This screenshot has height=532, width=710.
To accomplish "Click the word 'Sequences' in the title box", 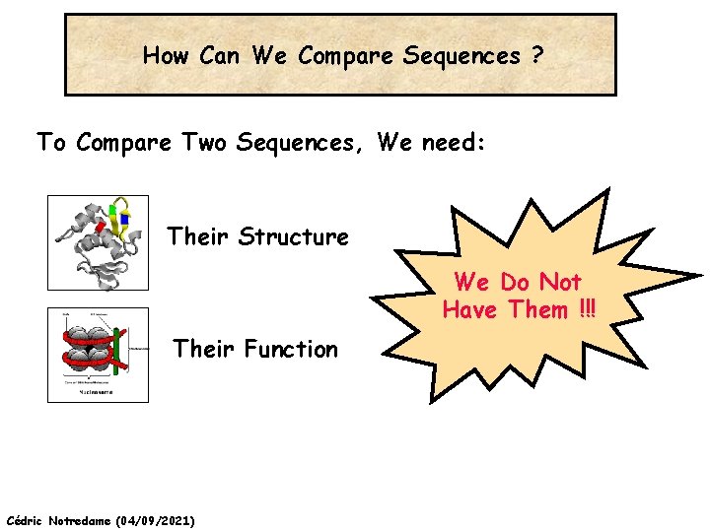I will click(461, 56).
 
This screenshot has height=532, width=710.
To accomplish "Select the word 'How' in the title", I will click(166, 56).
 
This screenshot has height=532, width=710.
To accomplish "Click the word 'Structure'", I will click(294, 236).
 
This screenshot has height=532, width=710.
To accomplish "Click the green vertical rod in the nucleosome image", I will click(116, 353).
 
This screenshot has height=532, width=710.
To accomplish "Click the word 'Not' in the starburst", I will click(562, 283).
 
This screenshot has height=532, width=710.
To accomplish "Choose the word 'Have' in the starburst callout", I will click(471, 310).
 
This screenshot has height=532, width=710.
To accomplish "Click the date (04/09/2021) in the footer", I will click(155, 519).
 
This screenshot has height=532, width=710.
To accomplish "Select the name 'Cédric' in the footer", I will click(25, 519).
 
